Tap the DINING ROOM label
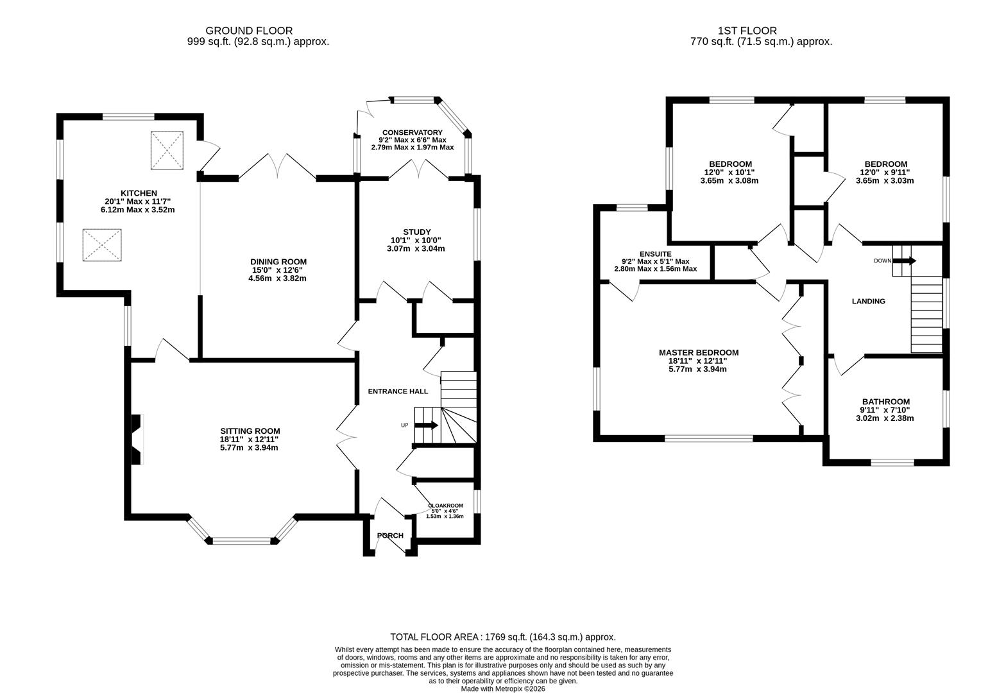click(278, 262)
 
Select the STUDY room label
click(416, 232)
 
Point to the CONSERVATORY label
click(413, 133)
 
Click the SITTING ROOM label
click(250, 431)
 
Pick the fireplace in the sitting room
click(136, 440)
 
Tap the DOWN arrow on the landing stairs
click(905, 261)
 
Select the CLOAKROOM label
click(445, 506)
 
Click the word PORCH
click(390, 536)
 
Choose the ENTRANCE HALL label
click(397, 391)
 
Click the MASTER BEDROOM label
click(698, 353)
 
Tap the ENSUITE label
click(655, 254)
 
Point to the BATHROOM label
click(885, 402)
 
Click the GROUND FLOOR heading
click(249, 30)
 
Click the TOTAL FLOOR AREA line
click(502, 637)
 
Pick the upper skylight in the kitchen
click(167, 151)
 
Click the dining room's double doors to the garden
click(277, 168)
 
